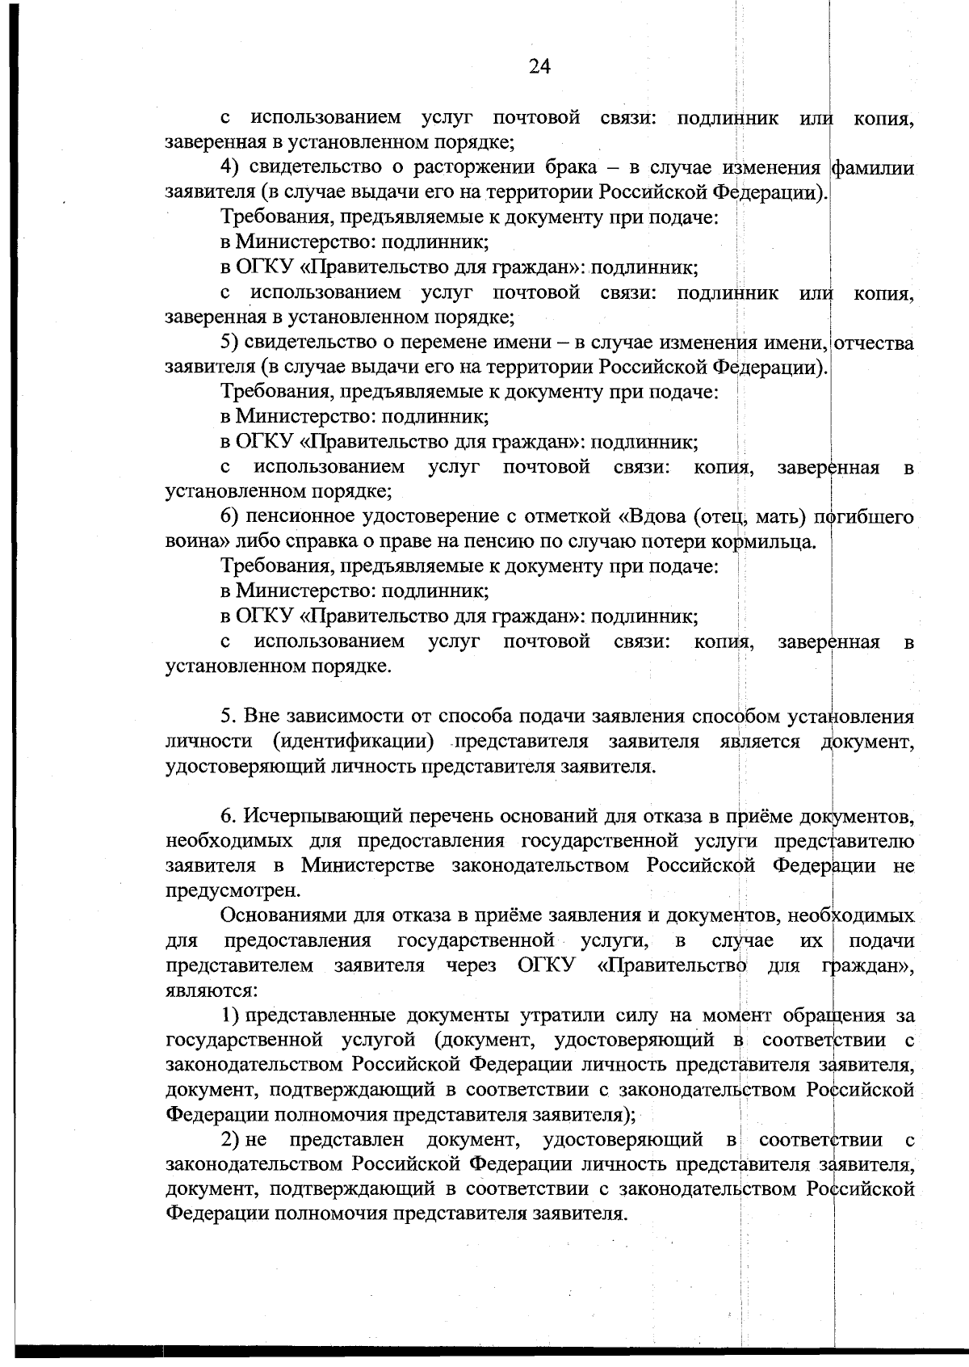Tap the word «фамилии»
point(875,168)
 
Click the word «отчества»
point(875,343)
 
